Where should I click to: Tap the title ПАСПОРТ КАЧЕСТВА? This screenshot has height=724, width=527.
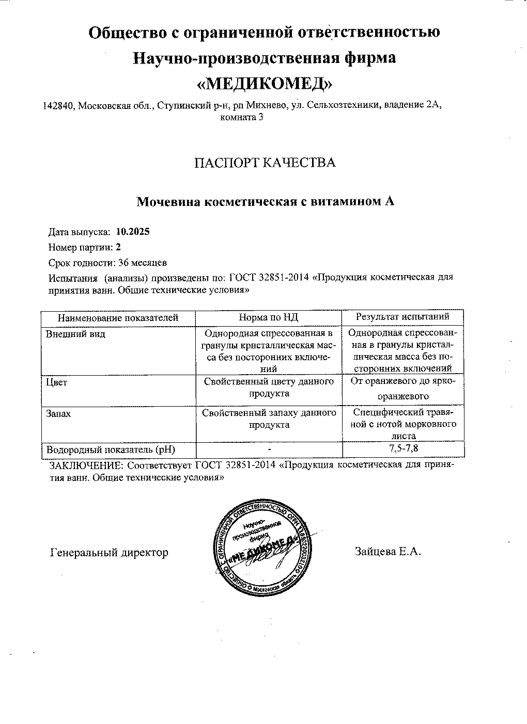pos(265,163)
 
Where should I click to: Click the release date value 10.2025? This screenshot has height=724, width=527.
pos(133,232)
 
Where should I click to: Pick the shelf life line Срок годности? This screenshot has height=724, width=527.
pos(107,263)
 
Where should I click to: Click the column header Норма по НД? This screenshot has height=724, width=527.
pos(268,317)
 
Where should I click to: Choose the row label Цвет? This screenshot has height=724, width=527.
pos(57,383)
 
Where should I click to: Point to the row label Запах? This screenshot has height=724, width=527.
pos(58,413)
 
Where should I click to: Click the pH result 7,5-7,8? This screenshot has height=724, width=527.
pos(404,448)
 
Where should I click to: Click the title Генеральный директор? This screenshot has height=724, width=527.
pos(109,553)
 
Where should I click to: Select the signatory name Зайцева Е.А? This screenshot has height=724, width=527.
pos(389,552)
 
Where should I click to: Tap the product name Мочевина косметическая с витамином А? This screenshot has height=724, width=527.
pos(265,202)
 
